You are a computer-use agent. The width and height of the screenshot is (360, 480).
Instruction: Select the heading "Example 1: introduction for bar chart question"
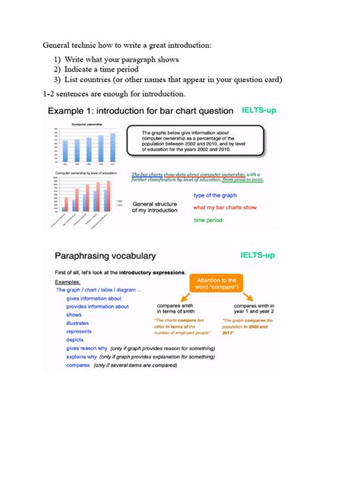pyautogui.click(x=139, y=112)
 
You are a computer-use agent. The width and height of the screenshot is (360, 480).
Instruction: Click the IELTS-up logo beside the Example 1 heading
pyautogui.click(x=259, y=110)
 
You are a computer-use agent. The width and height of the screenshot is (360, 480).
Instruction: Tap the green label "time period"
pyautogui.click(x=208, y=220)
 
